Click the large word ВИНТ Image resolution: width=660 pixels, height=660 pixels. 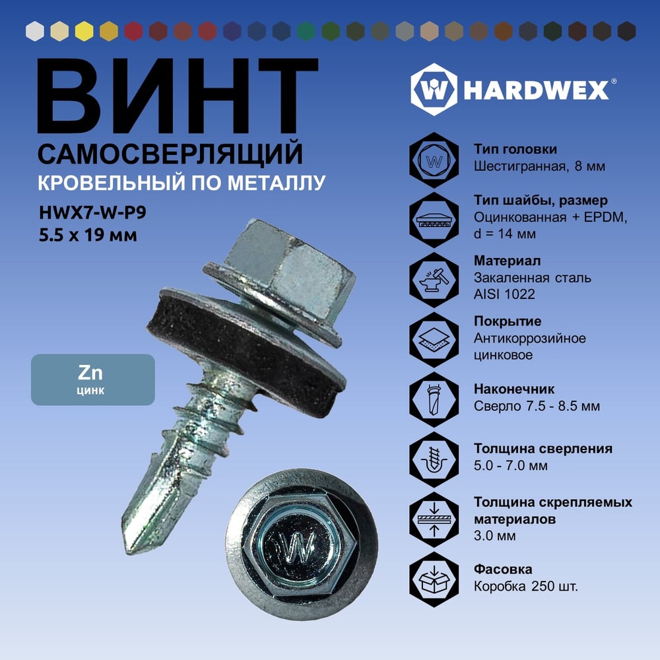click(177, 96)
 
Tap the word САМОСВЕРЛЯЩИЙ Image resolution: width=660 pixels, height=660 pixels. click(170, 154)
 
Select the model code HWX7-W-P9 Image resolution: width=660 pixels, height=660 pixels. click(92, 213)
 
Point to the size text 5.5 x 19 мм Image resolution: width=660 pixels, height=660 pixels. click(88, 235)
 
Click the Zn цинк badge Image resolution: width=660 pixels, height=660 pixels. click(93, 379)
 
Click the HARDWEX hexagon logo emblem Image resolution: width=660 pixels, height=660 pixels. click(434, 90)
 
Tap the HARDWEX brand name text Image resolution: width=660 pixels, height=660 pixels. click(537, 90)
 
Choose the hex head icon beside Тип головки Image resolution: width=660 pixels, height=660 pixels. click(434, 160)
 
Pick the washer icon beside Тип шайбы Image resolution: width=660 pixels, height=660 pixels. click(434, 220)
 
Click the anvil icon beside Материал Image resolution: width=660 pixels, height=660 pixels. click(434, 280)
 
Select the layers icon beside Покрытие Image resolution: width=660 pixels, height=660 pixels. click(434, 340)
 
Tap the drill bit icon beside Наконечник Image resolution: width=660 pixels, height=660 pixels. click(434, 399)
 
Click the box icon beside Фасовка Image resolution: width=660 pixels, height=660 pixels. click(434, 579)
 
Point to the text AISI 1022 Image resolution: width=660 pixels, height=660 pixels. click(504, 294)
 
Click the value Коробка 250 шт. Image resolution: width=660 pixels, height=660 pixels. click(526, 586)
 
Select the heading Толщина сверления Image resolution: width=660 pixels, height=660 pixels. click(543, 449)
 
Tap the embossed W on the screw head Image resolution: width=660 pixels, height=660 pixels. click(298, 546)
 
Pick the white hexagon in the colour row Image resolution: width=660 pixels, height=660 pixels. click(35, 32)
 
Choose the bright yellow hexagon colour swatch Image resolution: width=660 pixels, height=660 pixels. click(84, 32)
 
